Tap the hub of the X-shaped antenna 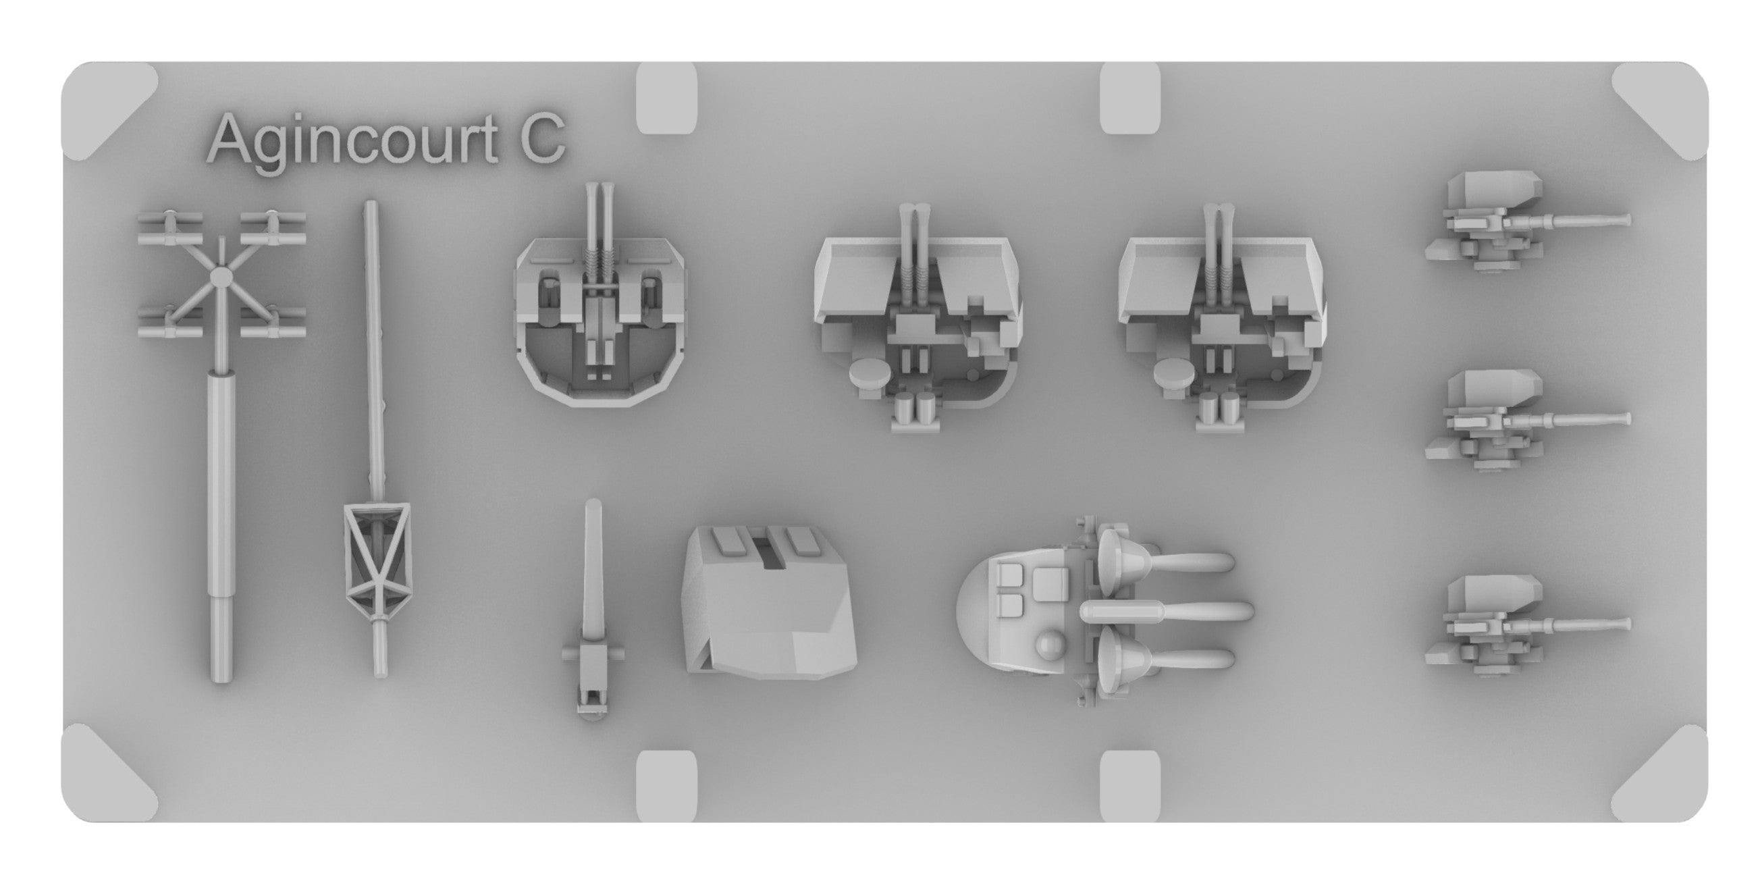pos(221,276)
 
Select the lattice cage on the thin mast pos(377,561)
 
